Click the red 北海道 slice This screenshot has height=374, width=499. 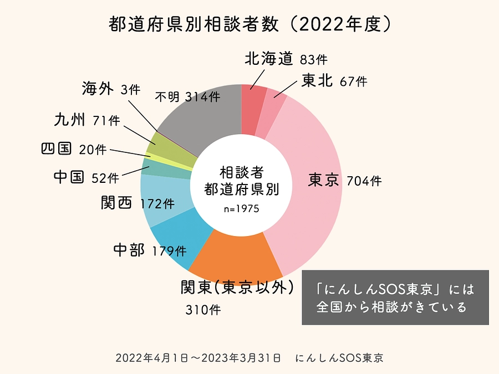253,111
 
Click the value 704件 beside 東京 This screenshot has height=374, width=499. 364,181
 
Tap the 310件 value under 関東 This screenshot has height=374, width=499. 203,310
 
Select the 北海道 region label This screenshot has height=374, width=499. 268,59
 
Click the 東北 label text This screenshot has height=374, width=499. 317,81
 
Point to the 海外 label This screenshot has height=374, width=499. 98,89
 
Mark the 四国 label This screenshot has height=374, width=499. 57,148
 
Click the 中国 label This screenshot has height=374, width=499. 69,177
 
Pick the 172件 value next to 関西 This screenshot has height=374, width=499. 157,204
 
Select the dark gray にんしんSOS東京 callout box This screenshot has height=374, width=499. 395,298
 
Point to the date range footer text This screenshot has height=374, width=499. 200,358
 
